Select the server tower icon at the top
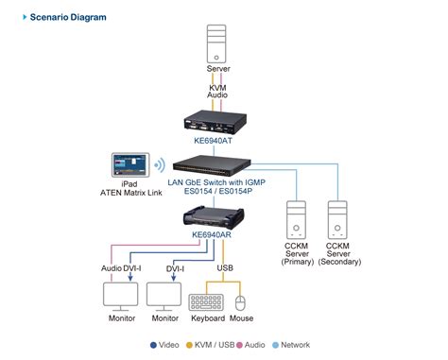point(218,45)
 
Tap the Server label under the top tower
point(218,70)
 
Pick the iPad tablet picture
point(132,167)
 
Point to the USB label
point(225,268)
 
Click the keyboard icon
point(207,301)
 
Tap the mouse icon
point(241,302)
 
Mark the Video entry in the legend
point(164,345)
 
